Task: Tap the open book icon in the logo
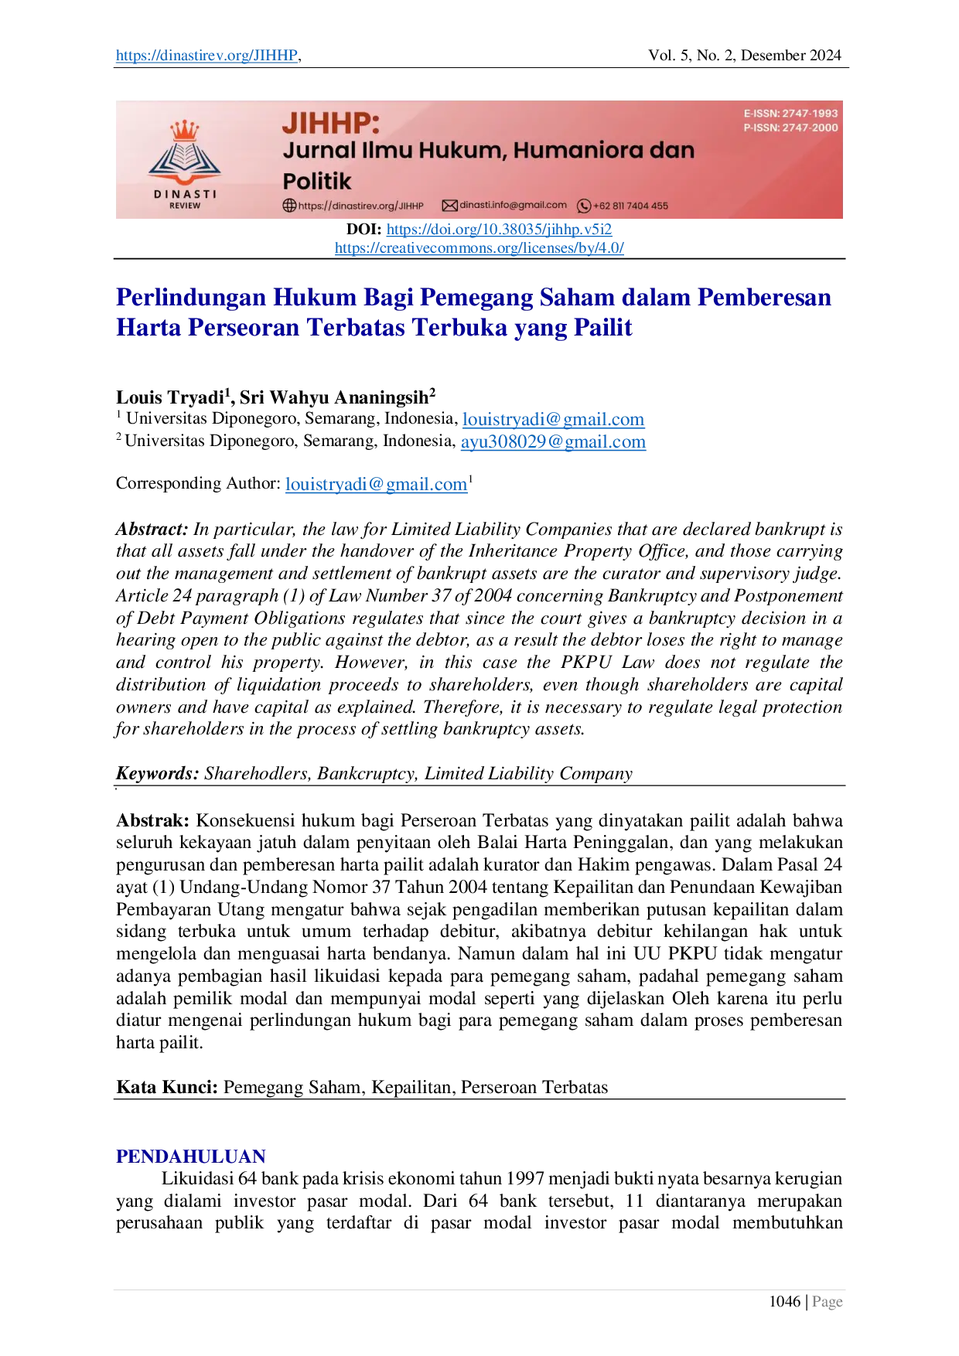tap(185, 162)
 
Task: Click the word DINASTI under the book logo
tap(185, 194)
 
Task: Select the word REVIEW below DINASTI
tap(185, 206)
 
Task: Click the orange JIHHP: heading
tap(331, 123)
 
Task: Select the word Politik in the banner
tap(317, 182)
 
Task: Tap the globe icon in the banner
tap(289, 206)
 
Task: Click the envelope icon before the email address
tap(449, 206)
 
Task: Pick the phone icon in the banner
tap(584, 206)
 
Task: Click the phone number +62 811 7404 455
tap(630, 206)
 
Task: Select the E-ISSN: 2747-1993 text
tap(790, 114)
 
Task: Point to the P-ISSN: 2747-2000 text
tap(790, 128)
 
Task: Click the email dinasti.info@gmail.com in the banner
tap(513, 205)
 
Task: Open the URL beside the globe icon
tap(360, 206)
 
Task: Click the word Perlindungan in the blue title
tap(189, 298)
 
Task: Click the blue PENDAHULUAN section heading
tap(189, 1155)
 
